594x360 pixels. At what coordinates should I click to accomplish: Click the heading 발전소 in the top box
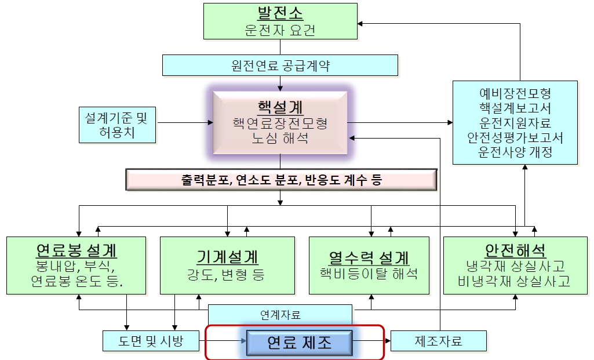coord(280,13)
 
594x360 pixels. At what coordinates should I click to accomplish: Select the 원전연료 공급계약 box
coord(280,65)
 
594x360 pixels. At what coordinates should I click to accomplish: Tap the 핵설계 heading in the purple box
coord(280,107)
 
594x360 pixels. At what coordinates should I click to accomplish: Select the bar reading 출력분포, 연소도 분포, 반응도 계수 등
coord(281,180)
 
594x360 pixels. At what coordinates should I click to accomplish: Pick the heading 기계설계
coord(227,257)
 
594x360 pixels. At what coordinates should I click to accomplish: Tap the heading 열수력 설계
coord(369,257)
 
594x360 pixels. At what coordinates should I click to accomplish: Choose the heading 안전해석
coord(515,250)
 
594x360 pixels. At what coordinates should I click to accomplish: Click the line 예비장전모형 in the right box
coord(515,93)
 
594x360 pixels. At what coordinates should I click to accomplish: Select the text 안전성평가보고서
coord(515,138)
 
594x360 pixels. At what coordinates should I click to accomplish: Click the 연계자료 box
coord(280,315)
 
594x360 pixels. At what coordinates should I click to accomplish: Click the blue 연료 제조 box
coord(299,343)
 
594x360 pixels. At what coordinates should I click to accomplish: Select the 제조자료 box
coord(439,341)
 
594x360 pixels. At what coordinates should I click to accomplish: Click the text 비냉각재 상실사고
coord(515,282)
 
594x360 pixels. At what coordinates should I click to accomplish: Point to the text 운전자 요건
coord(280,30)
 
